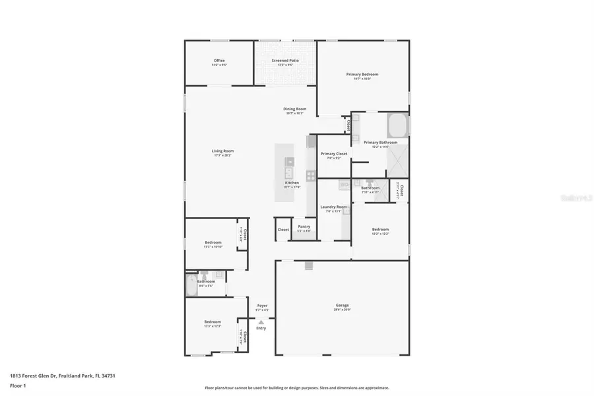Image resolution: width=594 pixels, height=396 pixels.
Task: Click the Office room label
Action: tap(218, 61)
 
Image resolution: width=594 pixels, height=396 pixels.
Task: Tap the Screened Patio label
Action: tap(285, 61)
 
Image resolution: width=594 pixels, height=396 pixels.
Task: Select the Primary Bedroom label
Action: tap(362, 75)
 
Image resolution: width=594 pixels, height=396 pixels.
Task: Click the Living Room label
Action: tap(222, 151)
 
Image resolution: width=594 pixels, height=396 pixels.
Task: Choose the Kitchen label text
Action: tap(292, 183)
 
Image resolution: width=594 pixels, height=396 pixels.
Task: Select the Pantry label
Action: tap(304, 226)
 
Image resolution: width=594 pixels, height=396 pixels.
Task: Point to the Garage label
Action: tap(342, 305)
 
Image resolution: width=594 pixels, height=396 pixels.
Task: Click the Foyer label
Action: tap(262, 306)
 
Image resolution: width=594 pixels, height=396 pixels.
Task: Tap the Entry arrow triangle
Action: tap(261, 321)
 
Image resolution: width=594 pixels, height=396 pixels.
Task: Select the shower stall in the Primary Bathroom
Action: tap(397, 159)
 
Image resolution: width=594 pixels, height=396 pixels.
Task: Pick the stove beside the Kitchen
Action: tap(310, 176)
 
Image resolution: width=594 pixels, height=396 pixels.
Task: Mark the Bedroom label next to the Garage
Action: tap(380, 230)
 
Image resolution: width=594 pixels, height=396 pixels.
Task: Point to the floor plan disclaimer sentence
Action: tap(297, 388)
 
